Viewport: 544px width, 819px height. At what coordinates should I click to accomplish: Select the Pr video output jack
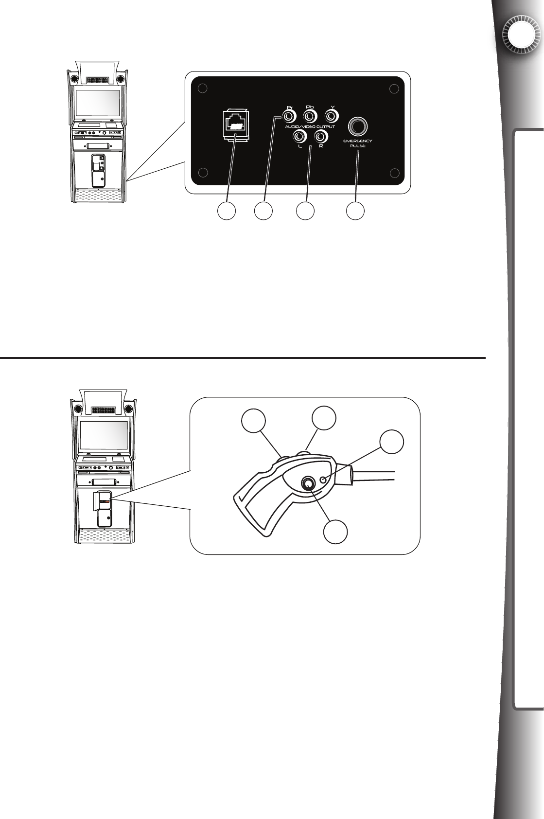coord(289,117)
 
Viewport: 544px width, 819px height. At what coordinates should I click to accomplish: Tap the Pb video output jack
coord(310,117)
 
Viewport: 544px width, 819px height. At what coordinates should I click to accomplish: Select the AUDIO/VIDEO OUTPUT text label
coord(310,127)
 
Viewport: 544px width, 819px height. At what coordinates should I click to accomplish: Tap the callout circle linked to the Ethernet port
coord(226,212)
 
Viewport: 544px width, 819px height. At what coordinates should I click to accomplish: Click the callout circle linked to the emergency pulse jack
coord(355,212)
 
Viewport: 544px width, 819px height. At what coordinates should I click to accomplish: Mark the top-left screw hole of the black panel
coord(204,89)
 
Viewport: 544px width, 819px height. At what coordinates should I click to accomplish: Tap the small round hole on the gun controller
coord(324,480)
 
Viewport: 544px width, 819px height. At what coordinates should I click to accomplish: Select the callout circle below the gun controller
coord(336,532)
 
